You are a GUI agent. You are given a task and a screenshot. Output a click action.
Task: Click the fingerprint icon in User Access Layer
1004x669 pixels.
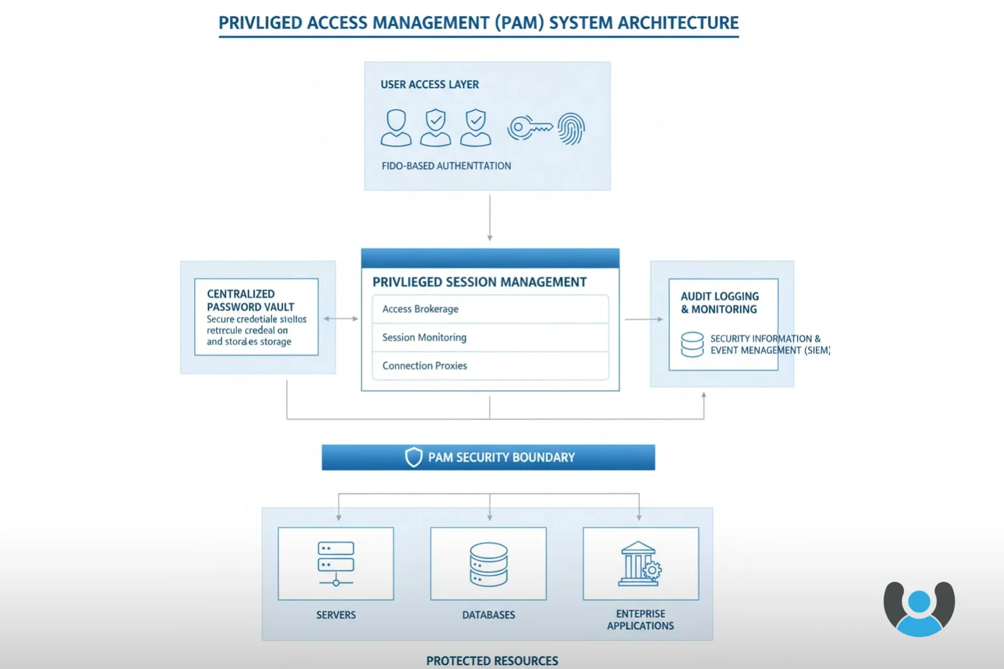[571, 128]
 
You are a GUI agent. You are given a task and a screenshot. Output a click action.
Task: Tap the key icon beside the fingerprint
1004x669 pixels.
[529, 127]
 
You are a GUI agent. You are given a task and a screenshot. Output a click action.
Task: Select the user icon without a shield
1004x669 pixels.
[396, 127]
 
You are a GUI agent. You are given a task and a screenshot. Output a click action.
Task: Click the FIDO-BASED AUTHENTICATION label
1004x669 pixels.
[446, 166]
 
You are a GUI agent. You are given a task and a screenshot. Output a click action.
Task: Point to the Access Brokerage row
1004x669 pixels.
[490, 309]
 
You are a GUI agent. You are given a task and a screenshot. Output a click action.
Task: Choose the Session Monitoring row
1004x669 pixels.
[490, 338]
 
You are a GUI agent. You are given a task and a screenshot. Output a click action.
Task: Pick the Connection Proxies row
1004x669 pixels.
[490, 366]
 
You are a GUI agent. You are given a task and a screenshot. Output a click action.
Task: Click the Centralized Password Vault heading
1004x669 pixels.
[250, 301]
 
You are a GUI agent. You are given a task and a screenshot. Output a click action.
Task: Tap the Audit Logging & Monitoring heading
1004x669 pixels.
[720, 302]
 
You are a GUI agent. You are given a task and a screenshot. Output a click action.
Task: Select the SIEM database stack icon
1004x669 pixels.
[692, 344]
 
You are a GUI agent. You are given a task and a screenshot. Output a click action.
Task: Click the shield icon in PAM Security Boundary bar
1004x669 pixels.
[413, 457]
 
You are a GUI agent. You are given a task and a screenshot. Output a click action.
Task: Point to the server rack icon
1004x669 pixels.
[336, 563]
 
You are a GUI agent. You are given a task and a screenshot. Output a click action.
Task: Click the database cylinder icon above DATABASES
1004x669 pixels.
[488, 564]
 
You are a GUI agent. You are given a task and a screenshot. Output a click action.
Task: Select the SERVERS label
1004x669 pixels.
[336, 615]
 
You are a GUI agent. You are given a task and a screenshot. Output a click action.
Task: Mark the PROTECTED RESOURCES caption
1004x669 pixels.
[492, 661]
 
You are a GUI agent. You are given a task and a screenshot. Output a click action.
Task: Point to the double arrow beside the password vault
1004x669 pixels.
[341, 319]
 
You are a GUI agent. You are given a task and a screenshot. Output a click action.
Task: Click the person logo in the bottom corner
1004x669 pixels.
[919, 608]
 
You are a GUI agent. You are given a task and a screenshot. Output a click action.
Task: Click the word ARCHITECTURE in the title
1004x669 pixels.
[678, 23]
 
